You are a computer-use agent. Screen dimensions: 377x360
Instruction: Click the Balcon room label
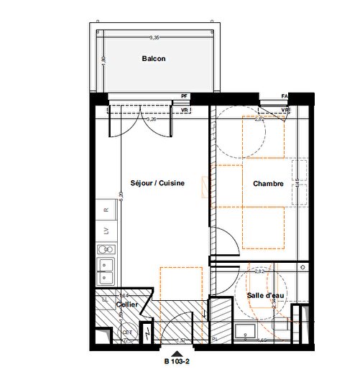click(154, 60)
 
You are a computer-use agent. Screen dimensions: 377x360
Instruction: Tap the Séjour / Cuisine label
click(158, 183)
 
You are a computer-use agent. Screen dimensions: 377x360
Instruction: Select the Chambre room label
click(269, 184)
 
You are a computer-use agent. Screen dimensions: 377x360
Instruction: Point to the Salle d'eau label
click(263, 296)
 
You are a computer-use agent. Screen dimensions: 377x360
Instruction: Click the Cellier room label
click(127, 305)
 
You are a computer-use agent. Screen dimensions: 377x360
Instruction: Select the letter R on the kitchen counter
click(106, 210)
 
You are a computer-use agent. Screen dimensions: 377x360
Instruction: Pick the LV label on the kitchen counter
click(106, 231)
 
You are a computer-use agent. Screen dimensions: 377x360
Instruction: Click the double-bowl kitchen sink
click(108, 272)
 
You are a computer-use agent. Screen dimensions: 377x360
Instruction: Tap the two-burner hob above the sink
click(107, 250)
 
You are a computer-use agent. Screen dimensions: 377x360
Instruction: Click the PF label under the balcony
click(184, 96)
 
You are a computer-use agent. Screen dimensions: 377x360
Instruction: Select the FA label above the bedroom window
click(285, 96)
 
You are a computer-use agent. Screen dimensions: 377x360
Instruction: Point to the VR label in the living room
click(185, 111)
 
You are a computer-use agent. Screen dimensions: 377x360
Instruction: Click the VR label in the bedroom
click(285, 111)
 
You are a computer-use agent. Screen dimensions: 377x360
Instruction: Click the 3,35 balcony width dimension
click(154, 37)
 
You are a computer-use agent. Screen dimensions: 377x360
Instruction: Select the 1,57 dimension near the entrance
click(182, 340)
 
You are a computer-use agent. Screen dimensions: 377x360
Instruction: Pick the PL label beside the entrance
click(214, 339)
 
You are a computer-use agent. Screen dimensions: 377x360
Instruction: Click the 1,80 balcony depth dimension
click(103, 60)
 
